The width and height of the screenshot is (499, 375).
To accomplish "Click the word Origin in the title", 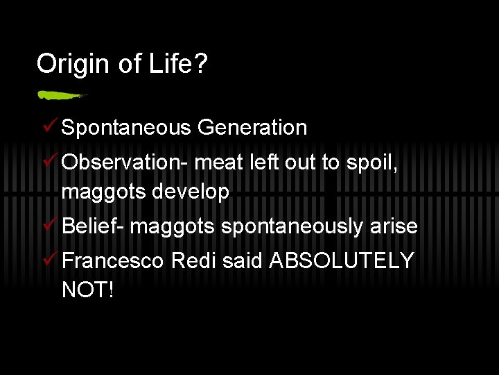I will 70,65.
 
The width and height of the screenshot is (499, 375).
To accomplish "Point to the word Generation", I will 252,128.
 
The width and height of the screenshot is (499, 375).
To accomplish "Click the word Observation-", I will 125,162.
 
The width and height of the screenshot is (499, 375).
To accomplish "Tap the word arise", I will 394,226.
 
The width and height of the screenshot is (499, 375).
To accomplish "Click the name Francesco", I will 113,260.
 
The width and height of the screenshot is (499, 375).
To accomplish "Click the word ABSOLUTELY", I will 342,260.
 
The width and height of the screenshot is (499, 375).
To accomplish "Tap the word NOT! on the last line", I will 87,290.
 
